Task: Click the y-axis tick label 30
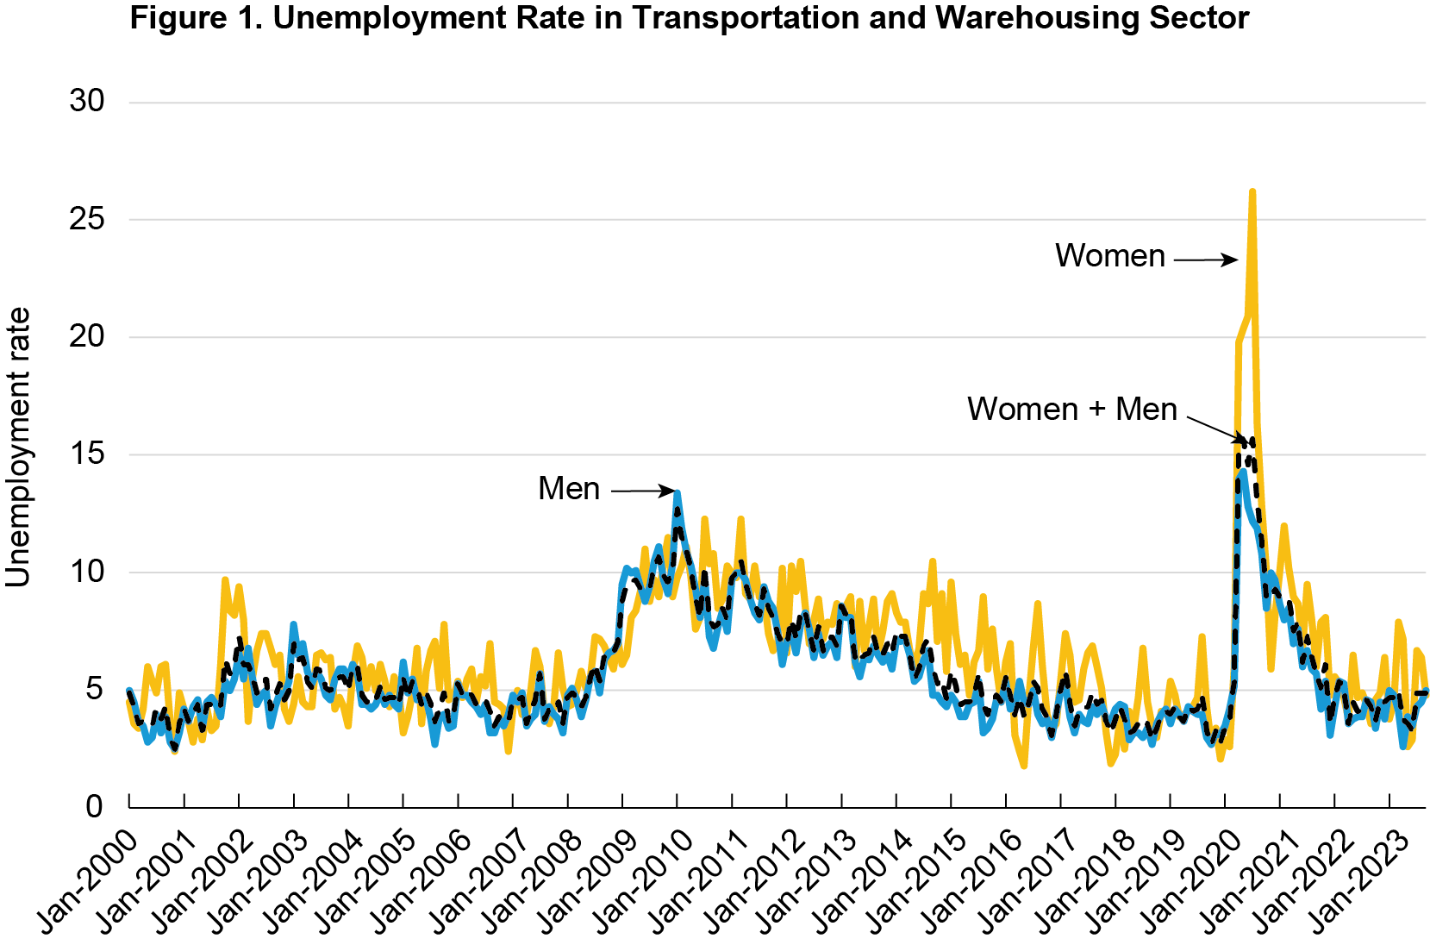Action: point(87,101)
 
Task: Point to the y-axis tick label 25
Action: point(87,219)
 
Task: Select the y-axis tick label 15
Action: point(87,454)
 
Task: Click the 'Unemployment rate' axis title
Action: point(19,447)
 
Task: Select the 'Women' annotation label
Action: point(1109,256)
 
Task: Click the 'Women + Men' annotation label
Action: point(1071,409)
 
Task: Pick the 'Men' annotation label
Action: point(568,489)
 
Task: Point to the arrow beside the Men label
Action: point(643,491)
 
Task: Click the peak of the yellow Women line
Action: point(1252,192)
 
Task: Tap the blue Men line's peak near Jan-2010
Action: point(678,493)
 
